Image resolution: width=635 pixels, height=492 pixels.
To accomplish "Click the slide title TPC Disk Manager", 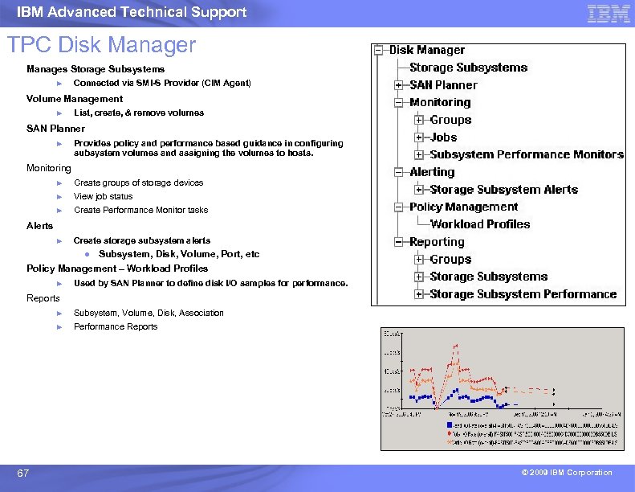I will tap(101, 44).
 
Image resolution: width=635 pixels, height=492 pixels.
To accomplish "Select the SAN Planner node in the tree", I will tap(443, 85).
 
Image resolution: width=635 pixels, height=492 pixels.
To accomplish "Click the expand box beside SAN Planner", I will tap(398, 85).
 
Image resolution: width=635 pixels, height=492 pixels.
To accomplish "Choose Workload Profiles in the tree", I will tap(480, 224).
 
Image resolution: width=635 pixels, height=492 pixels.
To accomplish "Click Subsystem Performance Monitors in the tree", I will tap(527, 154).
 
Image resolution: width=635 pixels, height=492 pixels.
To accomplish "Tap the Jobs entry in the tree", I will tap(443, 137).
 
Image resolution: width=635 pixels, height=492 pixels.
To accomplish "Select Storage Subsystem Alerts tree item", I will tap(503, 190).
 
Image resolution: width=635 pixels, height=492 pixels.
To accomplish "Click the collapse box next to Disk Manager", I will tap(378, 50).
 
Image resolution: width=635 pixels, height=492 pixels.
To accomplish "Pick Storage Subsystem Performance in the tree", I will tap(523, 294).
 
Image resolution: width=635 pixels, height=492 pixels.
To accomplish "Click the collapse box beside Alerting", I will tap(398, 172).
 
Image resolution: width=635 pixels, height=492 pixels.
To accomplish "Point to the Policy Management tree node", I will tap(463, 207).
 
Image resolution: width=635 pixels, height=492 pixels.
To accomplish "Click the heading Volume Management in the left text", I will tap(75, 99).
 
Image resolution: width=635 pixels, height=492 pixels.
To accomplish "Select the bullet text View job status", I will tap(103, 196).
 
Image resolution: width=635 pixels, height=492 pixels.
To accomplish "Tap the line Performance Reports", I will tap(116, 326).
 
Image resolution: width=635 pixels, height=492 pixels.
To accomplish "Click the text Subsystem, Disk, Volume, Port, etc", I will tap(179, 254).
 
